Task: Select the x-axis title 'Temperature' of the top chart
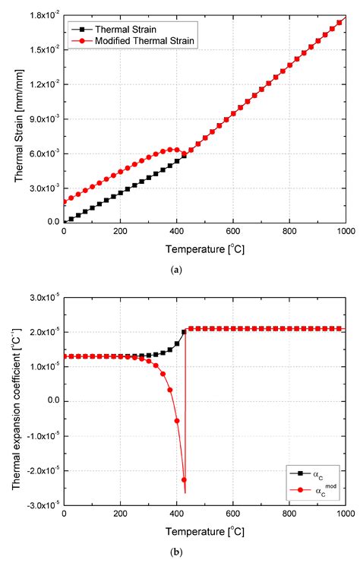tap(204, 248)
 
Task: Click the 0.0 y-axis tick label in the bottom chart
tap(53, 401)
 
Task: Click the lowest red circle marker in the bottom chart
tap(184, 480)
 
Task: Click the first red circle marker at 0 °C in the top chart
tap(64, 202)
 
